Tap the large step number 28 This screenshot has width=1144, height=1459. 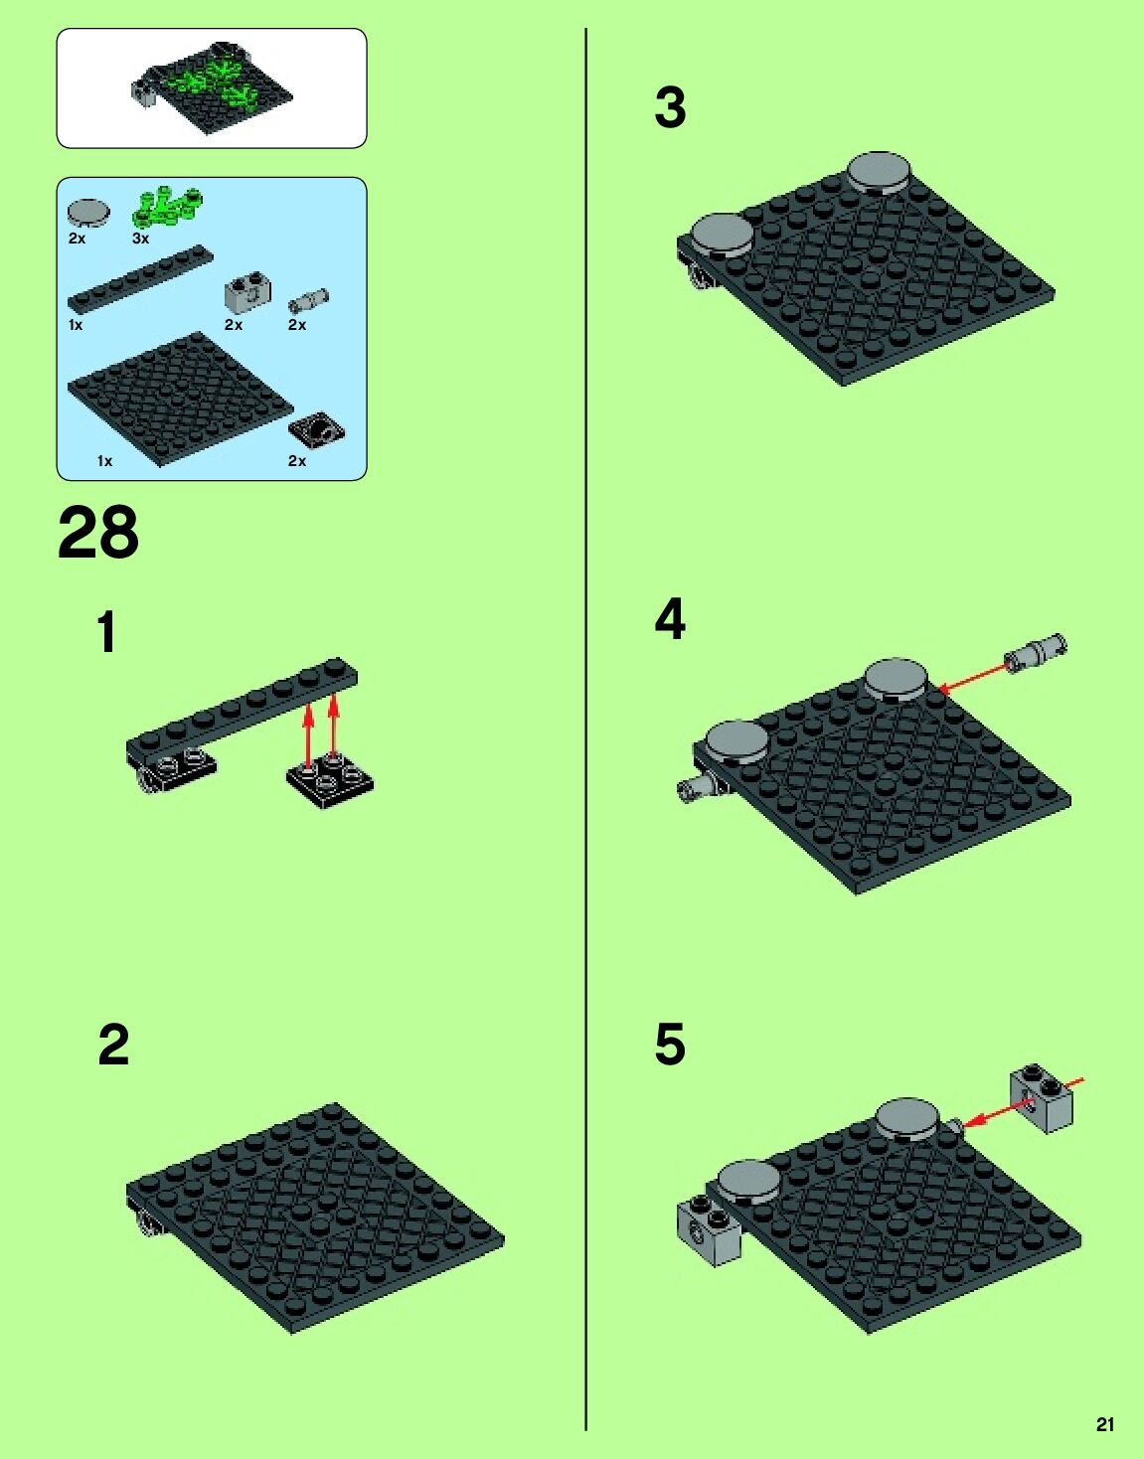(98, 533)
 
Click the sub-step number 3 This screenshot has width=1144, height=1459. (670, 107)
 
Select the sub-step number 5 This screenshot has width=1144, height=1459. (670, 1045)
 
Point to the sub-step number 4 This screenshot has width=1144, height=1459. (670, 619)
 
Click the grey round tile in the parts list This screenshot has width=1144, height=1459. (88, 213)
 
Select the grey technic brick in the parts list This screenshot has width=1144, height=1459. (247, 290)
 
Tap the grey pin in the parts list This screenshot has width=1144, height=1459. (309, 301)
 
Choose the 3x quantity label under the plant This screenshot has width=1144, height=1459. (140, 239)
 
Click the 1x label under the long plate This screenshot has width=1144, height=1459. (76, 325)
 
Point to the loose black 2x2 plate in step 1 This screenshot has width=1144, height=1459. (330, 782)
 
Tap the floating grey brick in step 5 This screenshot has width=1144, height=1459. (1042, 1098)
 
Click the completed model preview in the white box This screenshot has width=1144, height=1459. (212, 87)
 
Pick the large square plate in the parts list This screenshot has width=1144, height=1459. (181, 399)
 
